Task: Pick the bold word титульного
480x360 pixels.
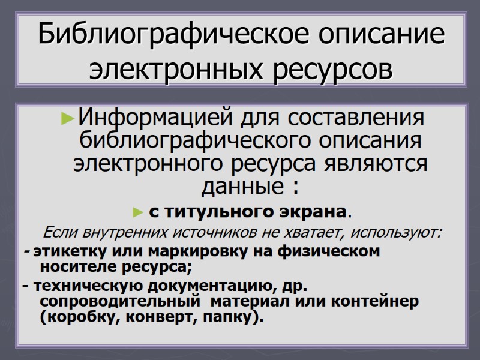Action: [213, 212]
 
